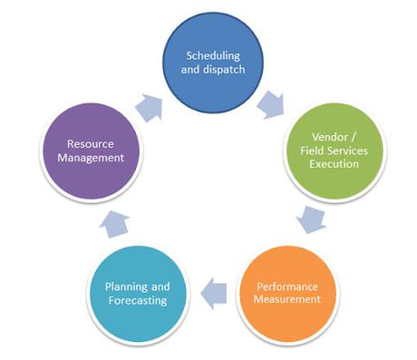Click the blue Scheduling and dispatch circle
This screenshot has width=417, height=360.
coord(215,63)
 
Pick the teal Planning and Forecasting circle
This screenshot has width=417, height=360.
coord(141,291)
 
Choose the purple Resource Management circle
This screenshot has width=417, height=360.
coord(95,151)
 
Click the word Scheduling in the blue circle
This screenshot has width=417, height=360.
coord(215,55)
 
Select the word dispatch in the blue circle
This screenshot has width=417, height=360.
coord(226,70)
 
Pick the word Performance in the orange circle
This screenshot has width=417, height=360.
coord(287,284)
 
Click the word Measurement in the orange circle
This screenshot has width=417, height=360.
coord(287,298)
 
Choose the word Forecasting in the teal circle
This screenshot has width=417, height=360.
coord(141,300)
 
